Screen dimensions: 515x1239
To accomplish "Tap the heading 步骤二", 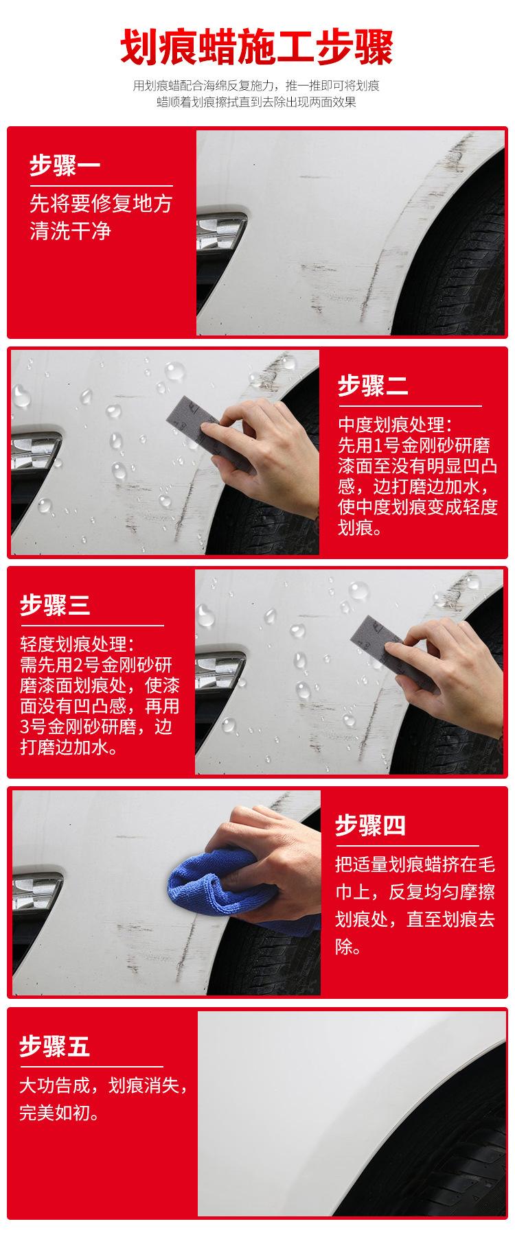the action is coord(373,386).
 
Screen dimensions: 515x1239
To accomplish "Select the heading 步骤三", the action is coord(55,605).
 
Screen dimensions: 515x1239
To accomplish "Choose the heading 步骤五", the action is coord(54,1047).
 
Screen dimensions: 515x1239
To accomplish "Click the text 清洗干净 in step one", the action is coord(70,231).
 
